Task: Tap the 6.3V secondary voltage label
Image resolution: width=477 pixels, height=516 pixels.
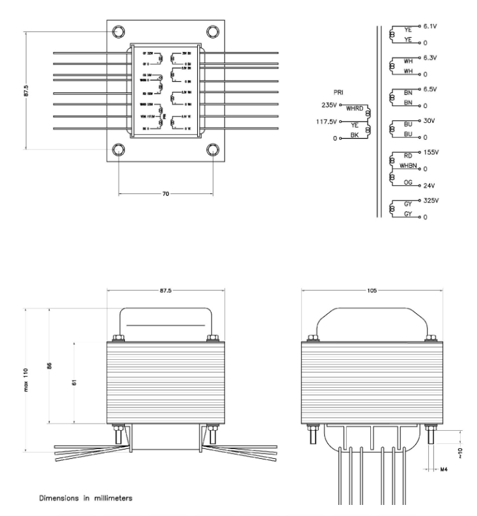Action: [431, 58]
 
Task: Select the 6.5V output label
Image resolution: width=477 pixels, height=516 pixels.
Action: [431, 89]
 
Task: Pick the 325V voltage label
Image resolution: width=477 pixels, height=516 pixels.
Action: [431, 200]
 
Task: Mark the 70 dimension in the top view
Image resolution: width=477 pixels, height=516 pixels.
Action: [167, 194]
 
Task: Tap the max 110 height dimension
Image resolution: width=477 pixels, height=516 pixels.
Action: [27, 379]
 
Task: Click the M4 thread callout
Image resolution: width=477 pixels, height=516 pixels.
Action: [445, 469]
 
